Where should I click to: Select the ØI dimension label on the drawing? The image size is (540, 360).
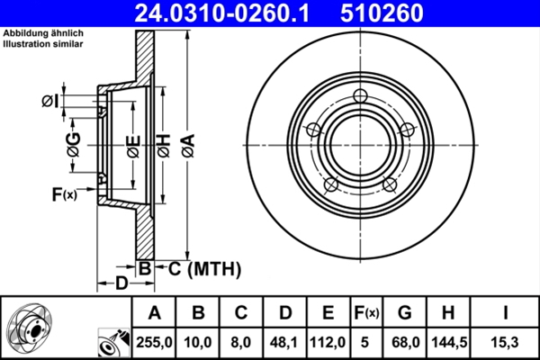click(x=50, y=101)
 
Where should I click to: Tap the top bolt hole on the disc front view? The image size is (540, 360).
click(x=361, y=97)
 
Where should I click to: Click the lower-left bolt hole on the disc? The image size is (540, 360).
click(x=330, y=184)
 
